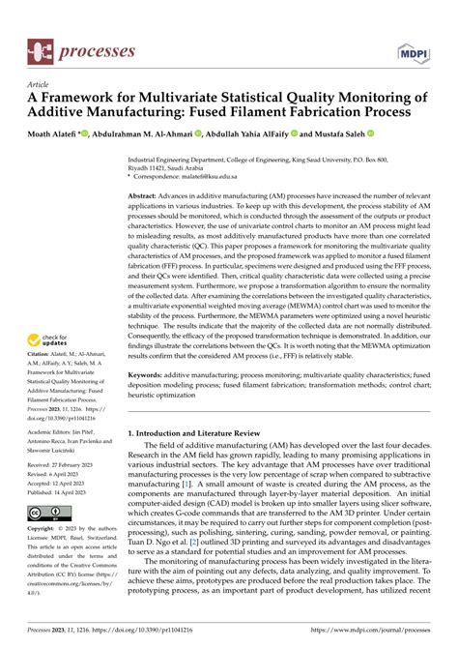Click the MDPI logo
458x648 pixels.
tap(414, 49)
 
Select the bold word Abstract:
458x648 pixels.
tap(148, 195)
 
